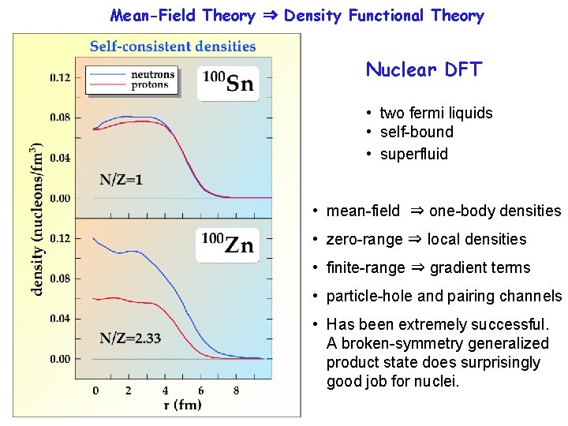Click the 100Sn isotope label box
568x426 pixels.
(228, 83)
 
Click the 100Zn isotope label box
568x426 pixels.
(227, 245)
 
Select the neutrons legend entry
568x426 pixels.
(150, 75)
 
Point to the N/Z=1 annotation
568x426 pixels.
(121, 179)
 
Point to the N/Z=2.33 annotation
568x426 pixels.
(130, 338)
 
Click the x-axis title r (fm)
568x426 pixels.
(182, 405)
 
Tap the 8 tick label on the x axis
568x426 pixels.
(237, 390)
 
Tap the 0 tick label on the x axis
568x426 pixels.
(95, 390)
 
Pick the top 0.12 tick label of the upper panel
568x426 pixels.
(61, 77)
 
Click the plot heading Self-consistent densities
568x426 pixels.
(173, 47)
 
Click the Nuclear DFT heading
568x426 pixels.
(423, 69)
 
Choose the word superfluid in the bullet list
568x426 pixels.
(413, 154)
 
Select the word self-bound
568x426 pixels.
(417, 132)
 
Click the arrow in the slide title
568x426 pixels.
(270, 16)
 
